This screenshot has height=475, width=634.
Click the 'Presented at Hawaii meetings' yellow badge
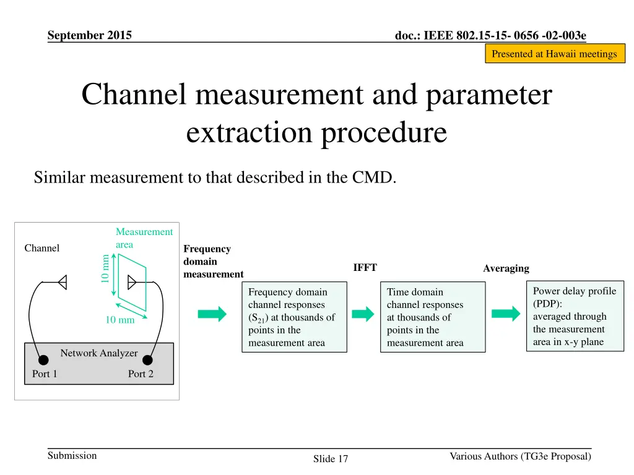click(554, 54)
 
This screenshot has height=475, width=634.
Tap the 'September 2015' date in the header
click(89, 35)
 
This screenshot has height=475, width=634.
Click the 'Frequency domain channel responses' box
click(293, 317)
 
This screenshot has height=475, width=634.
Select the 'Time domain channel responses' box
click(432, 317)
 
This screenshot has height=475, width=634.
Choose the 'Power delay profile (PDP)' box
click(574, 315)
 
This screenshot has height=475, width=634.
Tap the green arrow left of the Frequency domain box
click(212, 314)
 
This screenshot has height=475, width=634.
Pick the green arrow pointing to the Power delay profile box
click(506, 314)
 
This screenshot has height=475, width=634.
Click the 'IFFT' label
click(365, 268)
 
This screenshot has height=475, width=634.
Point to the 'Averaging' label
click(506, 268)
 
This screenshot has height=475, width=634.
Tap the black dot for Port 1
click(43, 360)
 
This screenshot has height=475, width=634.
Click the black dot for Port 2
click(148, 360)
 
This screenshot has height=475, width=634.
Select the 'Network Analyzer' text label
click(98, 353)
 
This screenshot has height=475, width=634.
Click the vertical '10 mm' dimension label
click(105, 268)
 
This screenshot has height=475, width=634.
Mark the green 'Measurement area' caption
click(144, 238)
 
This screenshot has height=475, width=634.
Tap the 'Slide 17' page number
click(331, 458)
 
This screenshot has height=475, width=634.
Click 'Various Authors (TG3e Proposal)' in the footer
click(520, 456)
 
